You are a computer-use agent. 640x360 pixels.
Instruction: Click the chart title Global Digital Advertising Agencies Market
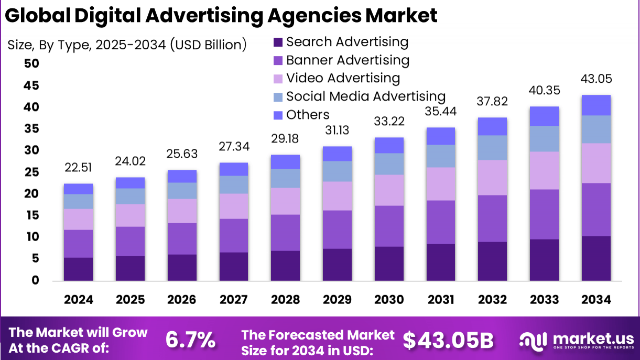coord(221,16)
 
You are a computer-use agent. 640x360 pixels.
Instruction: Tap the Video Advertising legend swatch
coord(278,79)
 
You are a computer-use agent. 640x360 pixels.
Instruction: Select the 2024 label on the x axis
coord(78,300)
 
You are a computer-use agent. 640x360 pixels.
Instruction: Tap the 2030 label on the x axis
coord(389,300)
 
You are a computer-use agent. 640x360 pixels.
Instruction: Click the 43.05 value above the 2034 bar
coord(596,79)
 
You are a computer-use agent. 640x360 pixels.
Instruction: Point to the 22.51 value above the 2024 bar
coord(78,168)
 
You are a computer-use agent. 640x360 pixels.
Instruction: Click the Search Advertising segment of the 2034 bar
coord(596,258)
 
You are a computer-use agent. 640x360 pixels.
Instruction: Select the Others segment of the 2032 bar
coord(492,126)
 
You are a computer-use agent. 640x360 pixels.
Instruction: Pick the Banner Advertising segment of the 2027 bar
coord(233,235)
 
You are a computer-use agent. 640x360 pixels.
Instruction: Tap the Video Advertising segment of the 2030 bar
coord(389,190)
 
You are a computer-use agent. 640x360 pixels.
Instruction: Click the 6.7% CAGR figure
coord(190,340)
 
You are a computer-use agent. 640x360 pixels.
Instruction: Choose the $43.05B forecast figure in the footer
coord(448,340)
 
